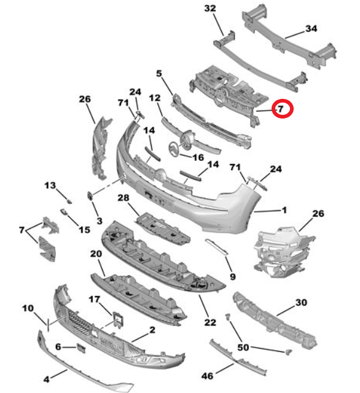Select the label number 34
[311, 29]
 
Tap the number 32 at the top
[210, 9]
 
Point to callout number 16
[198, 157]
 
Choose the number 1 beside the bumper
[284, 210]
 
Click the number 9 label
[232, 277]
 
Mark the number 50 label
[244, 348]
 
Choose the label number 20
[96, 254]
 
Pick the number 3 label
[99, 220]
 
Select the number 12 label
[154, 97]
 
